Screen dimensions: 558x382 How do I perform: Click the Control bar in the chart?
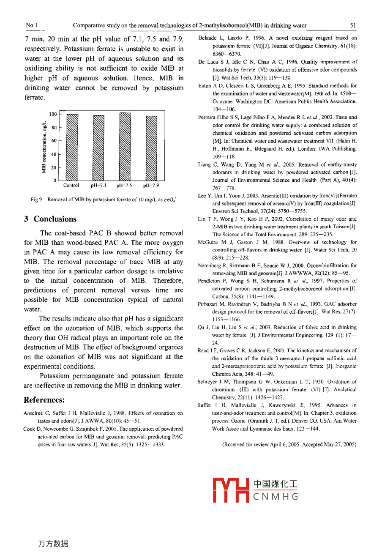click(x=72, y=148)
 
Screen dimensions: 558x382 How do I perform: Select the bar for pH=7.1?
click(x=98, y=148)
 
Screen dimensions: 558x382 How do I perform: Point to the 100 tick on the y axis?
click(x=53, y=114)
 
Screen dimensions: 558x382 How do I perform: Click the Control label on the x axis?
click(x=71, y=185)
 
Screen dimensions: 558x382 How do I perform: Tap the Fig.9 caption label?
click(x=36, y=200)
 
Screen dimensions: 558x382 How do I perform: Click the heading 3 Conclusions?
click(x=50, y=219)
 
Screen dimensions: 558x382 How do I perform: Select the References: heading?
click(x=44, y=400)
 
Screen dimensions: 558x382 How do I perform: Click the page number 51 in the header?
click(x=353, y=25)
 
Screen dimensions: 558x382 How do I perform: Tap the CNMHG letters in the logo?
click(x=276, y=497)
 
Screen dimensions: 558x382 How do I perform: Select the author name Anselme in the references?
click(x=34, y=413)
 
